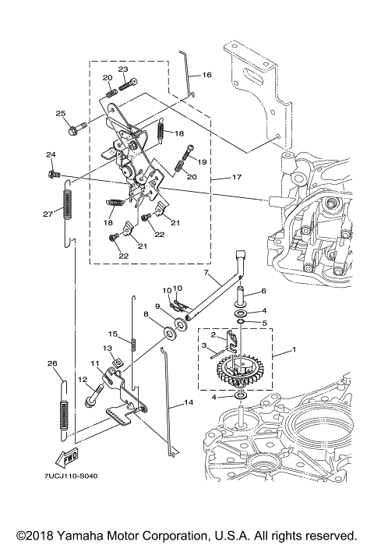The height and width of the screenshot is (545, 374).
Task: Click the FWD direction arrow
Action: [x=67, y=458]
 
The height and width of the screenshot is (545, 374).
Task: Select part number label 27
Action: [x=48, y=214]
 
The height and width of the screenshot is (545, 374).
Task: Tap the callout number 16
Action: [x=206, y=75]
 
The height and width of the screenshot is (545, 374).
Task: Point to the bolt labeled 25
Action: [x=76, y=129]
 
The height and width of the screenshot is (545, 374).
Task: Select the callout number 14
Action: [x=189, y=402]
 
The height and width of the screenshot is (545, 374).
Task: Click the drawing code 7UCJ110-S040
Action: [x=71, y=476]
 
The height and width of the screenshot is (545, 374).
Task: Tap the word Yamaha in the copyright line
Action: [x=80, y=535]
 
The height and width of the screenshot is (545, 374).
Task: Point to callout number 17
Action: [x=237, y=177]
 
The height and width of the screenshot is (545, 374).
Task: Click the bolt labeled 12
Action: [x=93, y=395]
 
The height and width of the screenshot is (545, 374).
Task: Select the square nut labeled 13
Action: [x=118, y=363]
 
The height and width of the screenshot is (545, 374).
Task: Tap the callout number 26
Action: [x=52, y=363]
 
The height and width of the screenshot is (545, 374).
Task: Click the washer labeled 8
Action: [x=170, y=334]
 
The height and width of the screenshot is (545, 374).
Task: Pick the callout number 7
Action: [x=206, y=272]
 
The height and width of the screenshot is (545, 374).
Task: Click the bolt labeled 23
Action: [x=128, y=84]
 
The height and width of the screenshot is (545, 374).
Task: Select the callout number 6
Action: [x=263, y=291]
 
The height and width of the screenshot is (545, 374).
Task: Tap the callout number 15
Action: [x=113, y=334]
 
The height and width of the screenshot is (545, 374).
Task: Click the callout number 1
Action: [x=294, y=349]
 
